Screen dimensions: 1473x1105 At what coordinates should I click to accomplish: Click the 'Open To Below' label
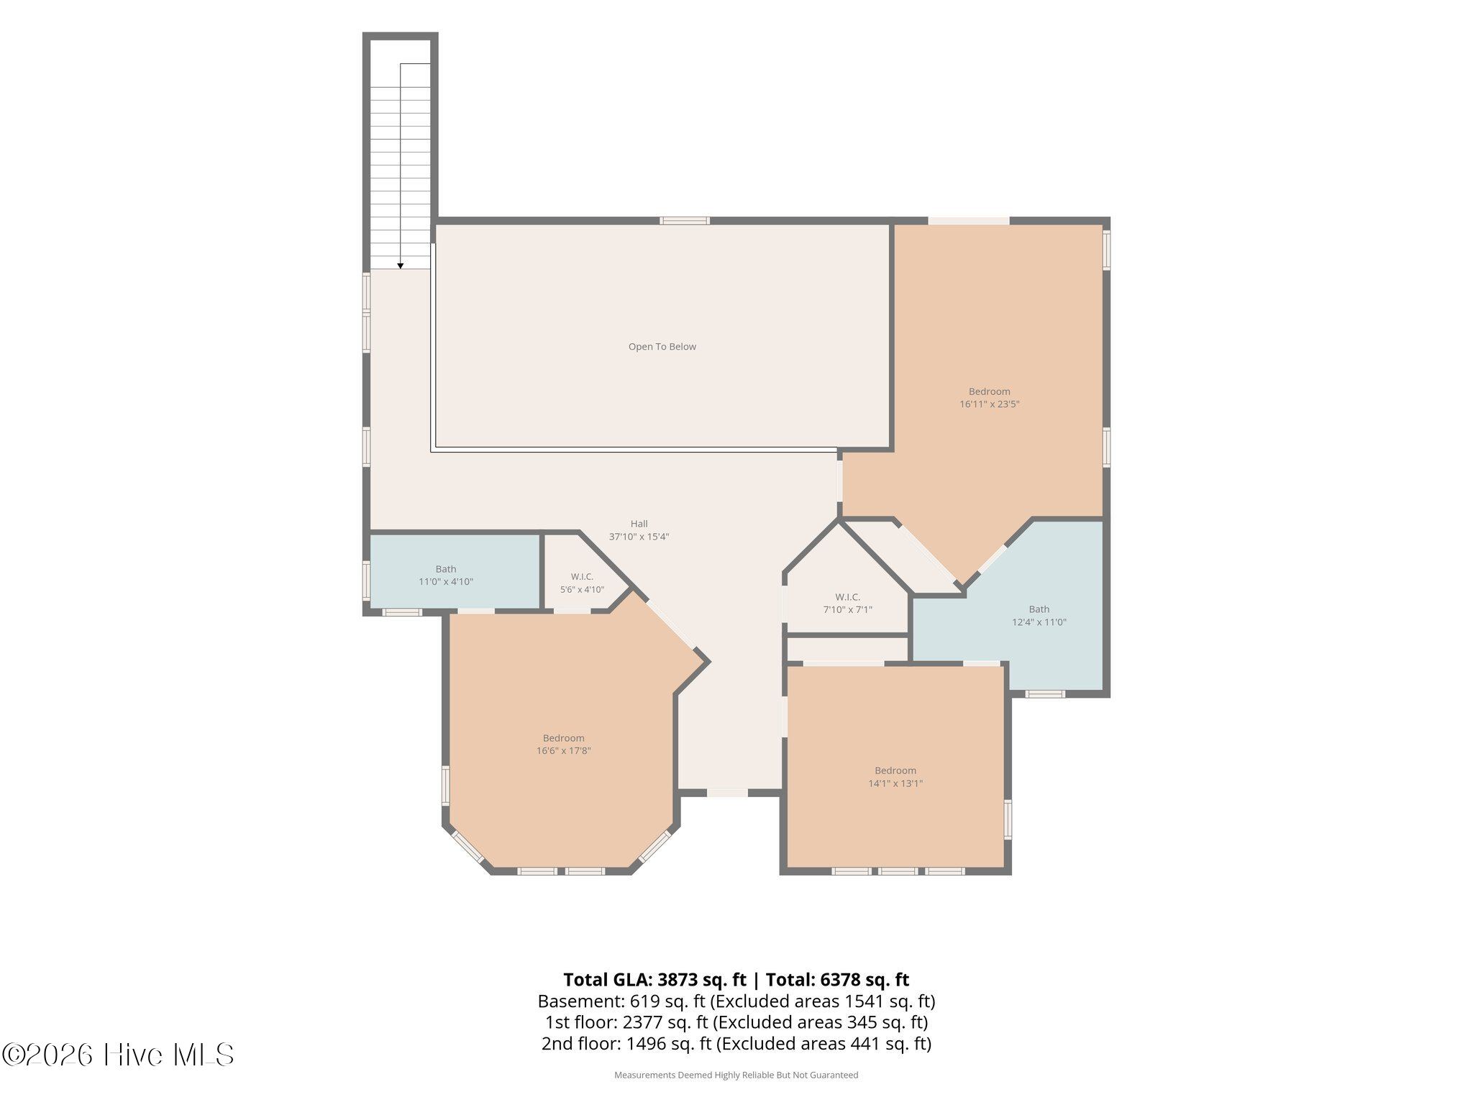(662, 347)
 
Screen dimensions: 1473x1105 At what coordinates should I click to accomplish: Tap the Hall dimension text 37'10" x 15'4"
(639, 537)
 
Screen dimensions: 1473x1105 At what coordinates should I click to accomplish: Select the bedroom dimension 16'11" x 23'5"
(989, 404)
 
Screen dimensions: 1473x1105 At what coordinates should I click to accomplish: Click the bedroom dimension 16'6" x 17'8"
(563, 751)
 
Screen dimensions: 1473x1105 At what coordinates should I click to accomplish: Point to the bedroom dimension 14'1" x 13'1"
(895, 783)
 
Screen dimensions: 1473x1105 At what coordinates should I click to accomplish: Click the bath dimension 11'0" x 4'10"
(446, 582)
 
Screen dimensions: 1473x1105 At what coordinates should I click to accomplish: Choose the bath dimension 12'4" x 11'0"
(1039, 622)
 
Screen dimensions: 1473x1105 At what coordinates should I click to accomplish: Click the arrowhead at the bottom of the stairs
(401, 266)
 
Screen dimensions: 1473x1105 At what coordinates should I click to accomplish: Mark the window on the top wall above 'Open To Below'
(685, 221)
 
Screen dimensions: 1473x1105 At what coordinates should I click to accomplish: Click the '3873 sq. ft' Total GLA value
(701, 980)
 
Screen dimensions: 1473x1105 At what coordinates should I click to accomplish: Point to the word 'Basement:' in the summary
(581, 1001)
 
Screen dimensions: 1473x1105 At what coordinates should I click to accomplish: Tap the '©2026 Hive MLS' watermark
(118, 1055)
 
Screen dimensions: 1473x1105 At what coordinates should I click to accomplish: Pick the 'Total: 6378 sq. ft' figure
(837, 980)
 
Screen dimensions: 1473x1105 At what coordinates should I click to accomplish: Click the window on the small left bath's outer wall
(366, 580)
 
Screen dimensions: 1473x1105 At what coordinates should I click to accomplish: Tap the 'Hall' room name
(639, 524)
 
